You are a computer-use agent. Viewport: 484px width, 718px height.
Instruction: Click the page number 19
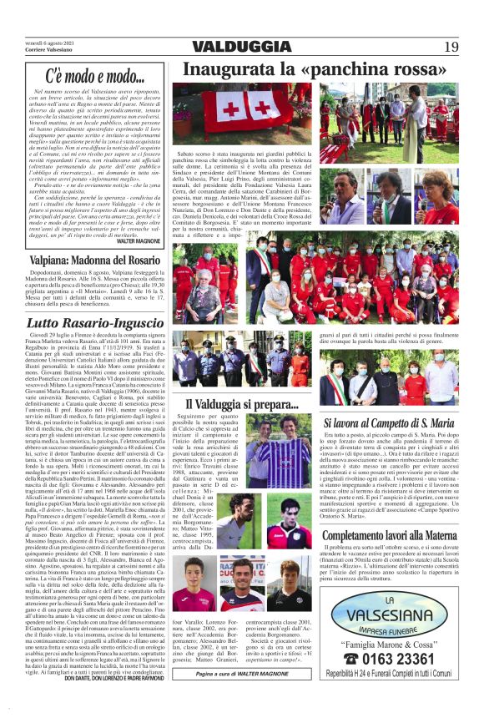(x=451, y=46)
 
